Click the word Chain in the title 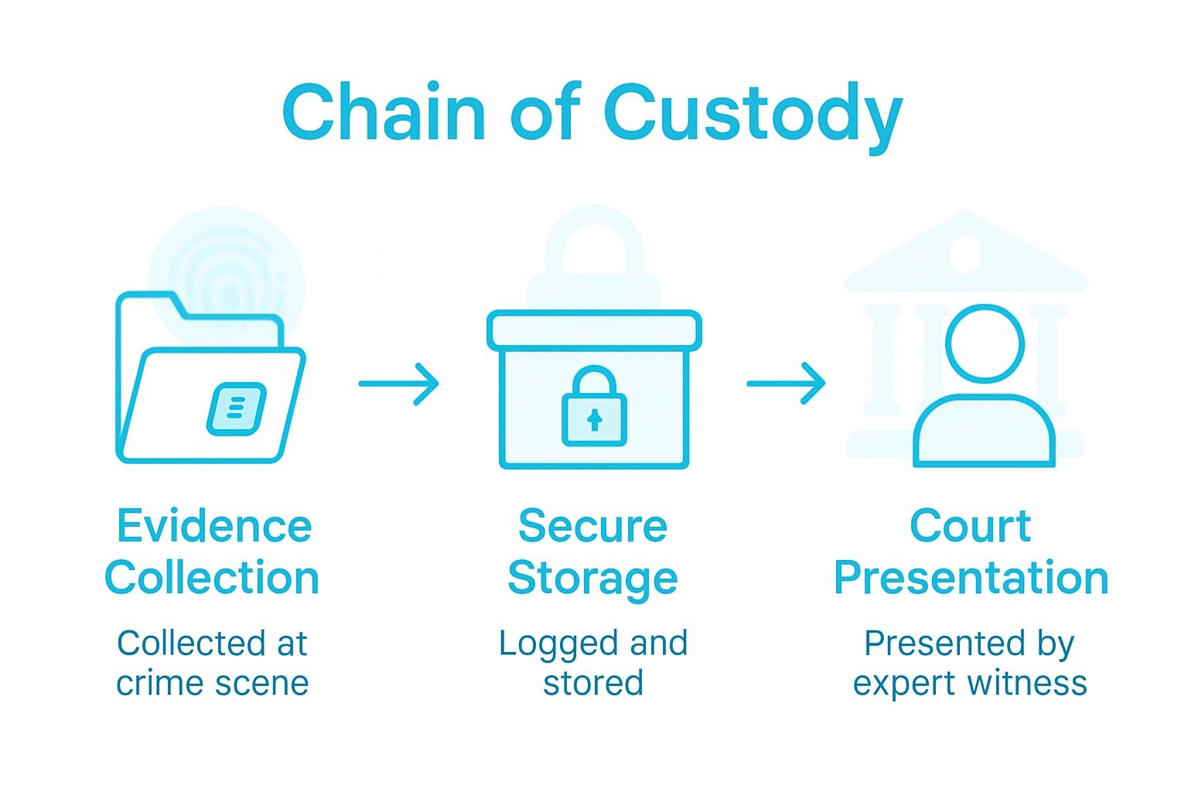click(x=384, y=114)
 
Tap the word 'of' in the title click(x=544, y=114)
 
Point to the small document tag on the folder click(x=237, y=408)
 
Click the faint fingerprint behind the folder click(x=227, y=278)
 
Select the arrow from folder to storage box click(x=399, y=384)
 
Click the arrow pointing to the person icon click(x=787, y=384)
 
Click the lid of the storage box click(x=594, y=331)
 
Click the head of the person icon click(x=985, y=344)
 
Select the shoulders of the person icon click(x=984, y=433)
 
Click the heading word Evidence click(x=214, y=527)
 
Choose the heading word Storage click(x=592, y=579)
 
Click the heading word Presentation click(x=971, y=579)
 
